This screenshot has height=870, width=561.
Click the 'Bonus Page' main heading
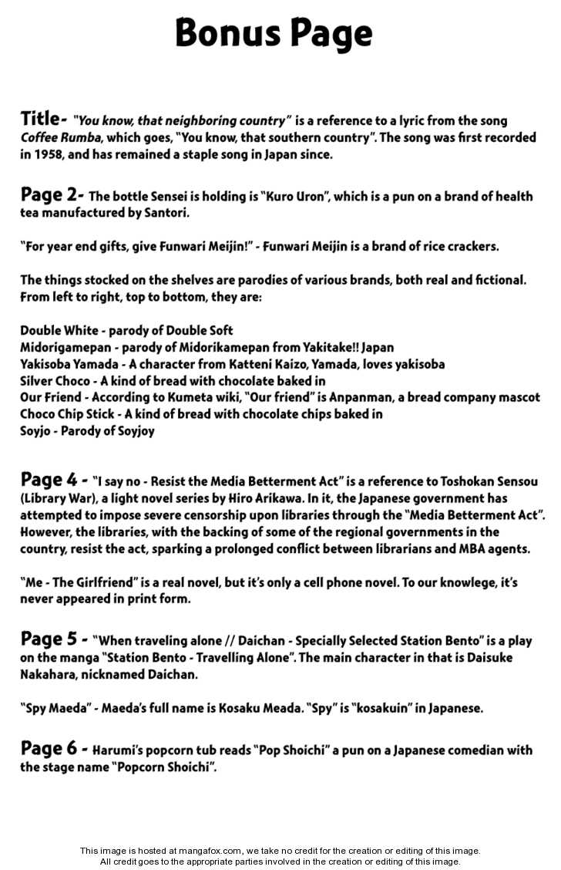[x=274, y=33]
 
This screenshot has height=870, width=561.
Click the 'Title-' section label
[x=42, y=119]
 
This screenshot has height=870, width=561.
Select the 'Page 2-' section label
[x=52, y=195]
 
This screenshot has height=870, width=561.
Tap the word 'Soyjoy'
[x=135, y=431]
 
